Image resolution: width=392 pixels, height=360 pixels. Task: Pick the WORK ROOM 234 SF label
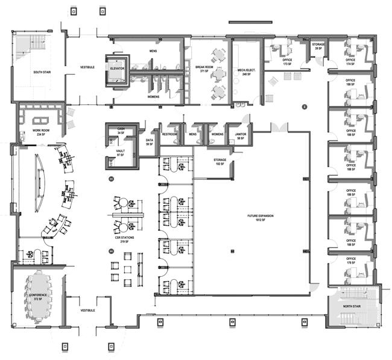[x=33, y=133]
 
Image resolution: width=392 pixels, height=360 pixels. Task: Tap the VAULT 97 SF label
[x=120, y=153]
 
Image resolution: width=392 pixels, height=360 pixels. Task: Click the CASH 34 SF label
[x=121, y=131]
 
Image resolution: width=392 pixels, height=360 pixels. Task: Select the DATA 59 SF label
[x=150, y=142]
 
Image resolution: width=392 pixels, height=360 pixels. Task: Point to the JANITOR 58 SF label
[x=241, y=136]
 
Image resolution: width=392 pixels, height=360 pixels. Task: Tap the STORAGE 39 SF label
[x=318, y=46]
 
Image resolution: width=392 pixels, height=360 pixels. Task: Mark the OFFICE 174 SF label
[x=350, y=62]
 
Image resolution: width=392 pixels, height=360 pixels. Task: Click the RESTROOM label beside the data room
[x=169, y=134]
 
